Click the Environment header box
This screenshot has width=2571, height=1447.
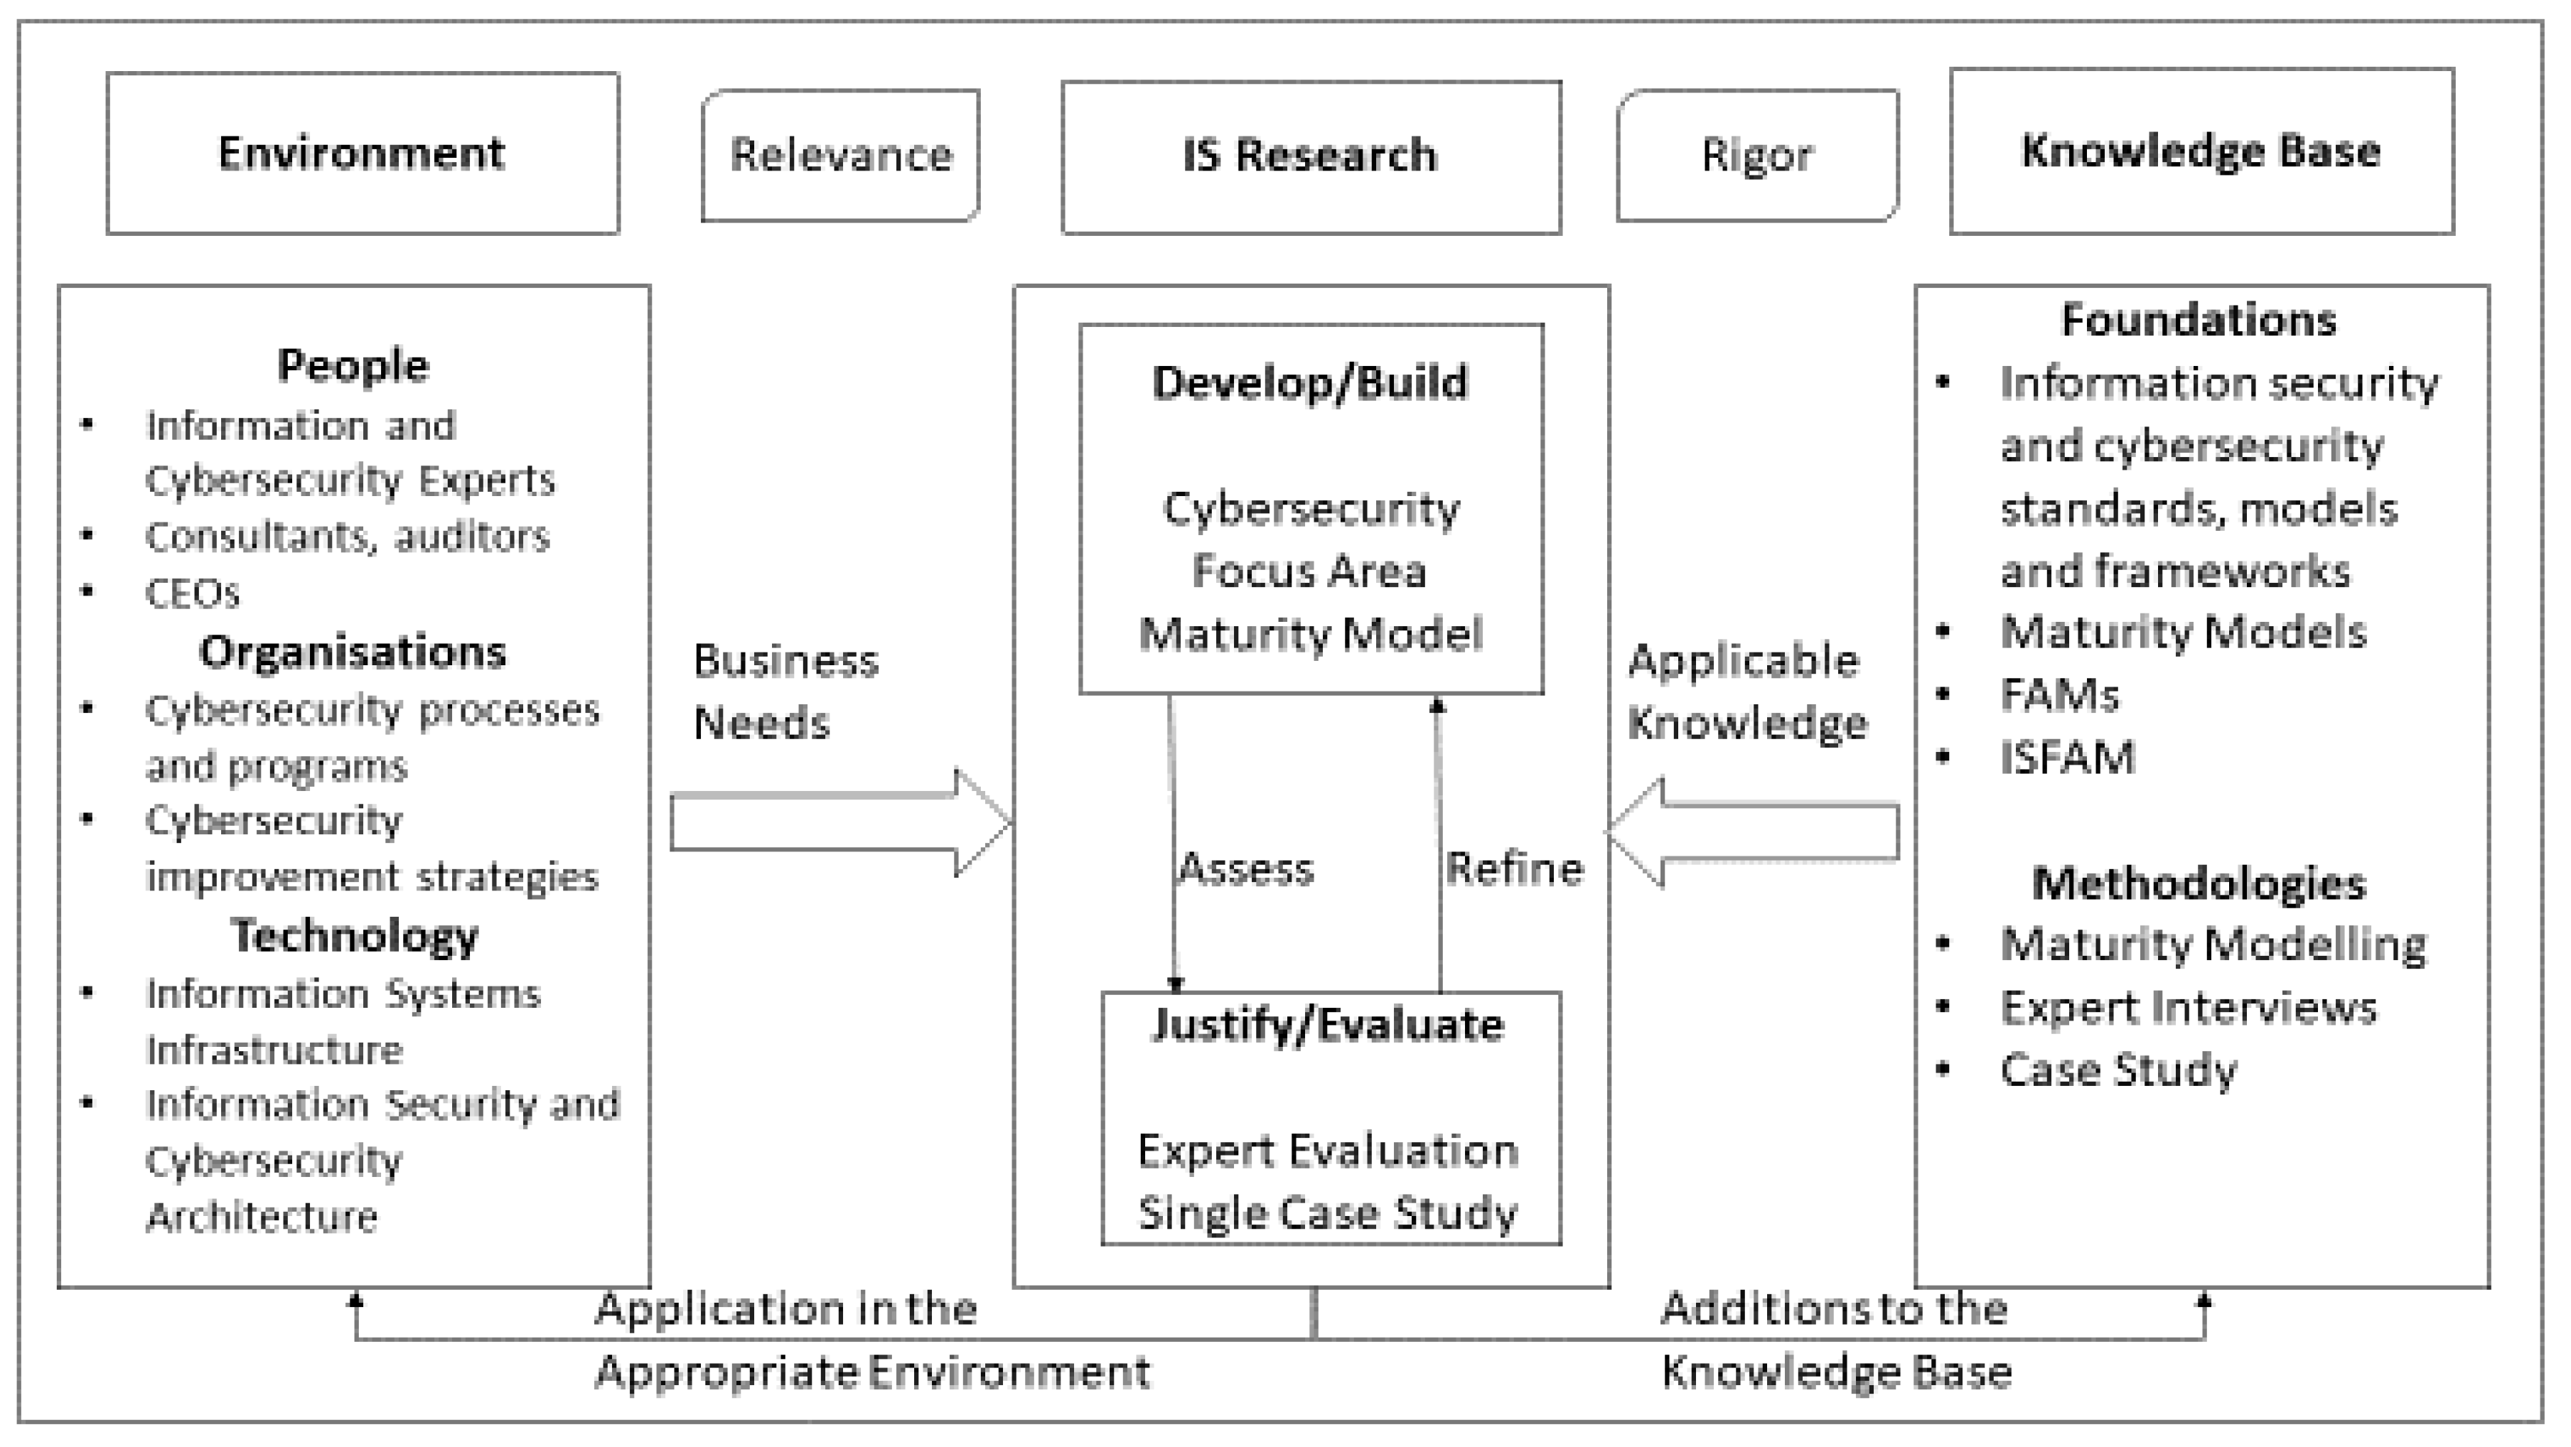(x=363, y=154)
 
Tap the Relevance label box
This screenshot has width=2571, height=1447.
(x=840, y=156)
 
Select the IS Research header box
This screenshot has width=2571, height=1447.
(x=1311, y=156)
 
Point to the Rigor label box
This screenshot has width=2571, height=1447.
(x=1756, y=156)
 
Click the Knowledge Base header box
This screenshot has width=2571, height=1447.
(x=2201, y=151)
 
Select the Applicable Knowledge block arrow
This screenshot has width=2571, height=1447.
(x=1756, y=832)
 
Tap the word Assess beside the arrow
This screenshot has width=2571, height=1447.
(x=1245, y=869)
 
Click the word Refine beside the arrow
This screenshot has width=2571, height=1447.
(x=1514, y=869)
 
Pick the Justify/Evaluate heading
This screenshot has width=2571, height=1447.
(x=1327, y=1026)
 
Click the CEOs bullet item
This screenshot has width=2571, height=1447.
(x=193, y=593)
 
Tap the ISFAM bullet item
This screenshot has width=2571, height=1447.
(x=2067, y=758)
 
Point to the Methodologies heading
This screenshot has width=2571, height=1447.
(x=2199, y=883)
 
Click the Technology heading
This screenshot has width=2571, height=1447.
(x=354, y=936)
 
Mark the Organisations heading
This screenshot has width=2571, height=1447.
(x=353, y=652)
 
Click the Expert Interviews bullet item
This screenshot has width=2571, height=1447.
(x=2188, y=1008)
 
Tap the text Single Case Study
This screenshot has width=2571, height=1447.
(x=1327, y=1213)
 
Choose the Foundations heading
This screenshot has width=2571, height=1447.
(x=2199, y=321)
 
